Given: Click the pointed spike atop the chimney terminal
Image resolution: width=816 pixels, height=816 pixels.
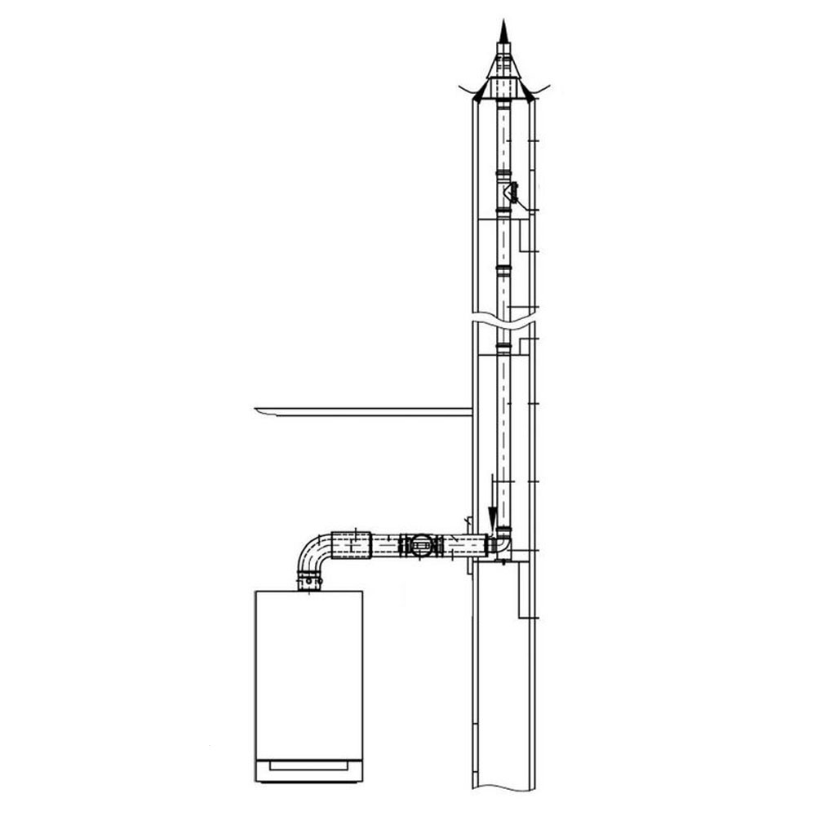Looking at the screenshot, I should [503, 34].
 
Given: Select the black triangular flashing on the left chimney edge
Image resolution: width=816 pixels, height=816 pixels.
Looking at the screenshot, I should [477, 95].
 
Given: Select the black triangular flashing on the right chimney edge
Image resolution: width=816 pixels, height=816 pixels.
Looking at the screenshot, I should [530, 95].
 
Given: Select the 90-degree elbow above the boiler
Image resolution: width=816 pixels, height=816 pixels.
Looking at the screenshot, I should [314, 551].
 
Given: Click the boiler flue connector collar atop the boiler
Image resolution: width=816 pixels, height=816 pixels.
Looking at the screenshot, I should [309, 581].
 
